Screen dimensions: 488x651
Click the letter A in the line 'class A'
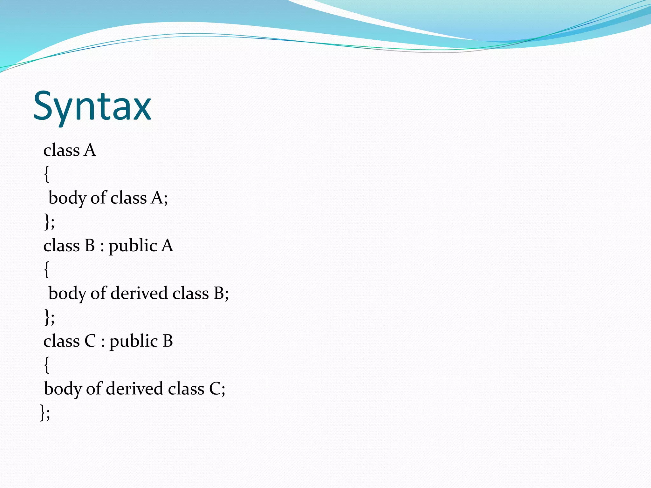[x=90, y=150]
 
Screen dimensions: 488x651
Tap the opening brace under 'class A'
[x=47, y=174]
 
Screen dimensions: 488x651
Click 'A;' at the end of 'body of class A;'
[x=160, y=198]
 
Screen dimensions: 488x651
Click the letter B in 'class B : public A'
[x=90, y=246]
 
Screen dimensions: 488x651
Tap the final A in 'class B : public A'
[x=167, y=246]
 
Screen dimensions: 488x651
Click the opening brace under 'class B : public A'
[x=47, y=269]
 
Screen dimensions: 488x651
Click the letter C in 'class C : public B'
[x=90, y=341]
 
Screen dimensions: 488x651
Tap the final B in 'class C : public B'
[x=168, y=341]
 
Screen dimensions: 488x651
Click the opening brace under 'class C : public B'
[x=47, y=365]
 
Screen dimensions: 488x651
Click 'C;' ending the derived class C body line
[x=217, y=389]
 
